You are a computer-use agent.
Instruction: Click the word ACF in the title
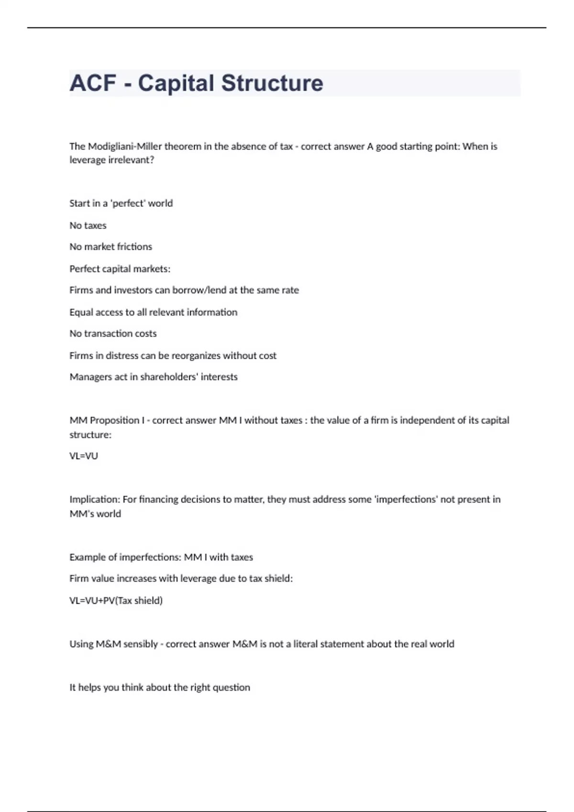tap(93, 83)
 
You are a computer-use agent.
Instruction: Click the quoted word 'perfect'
tap(128, 203)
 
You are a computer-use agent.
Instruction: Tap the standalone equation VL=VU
tap(84, 456)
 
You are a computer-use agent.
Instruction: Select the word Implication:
tap(95, 500)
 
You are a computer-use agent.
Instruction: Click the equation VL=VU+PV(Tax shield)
tap(116, 601)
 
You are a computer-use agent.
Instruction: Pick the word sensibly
tap(141, 644)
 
